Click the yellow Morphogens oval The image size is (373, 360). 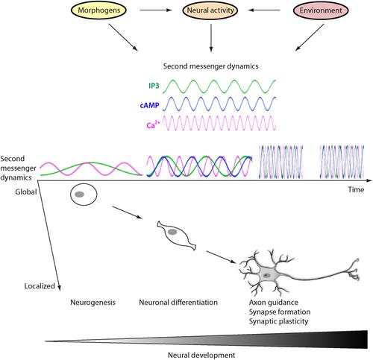tap(99, 10)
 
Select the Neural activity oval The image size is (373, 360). tap(210, 10)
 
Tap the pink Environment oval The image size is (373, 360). tap(321, 10)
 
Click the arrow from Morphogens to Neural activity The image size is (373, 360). tap(156, 10)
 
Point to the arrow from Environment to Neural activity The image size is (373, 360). tap(264, 10)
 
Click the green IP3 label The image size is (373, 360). tap(154, 86)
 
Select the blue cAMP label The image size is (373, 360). tap(150, 105)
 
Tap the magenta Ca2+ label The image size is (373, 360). tap(153, 124)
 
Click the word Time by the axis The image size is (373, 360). tap(356, 190)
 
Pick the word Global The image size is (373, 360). tap(26, 192)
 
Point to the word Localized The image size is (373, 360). tap(40, 286)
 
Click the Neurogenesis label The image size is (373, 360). tap(93, 303)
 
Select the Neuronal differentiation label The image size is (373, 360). tap(178, 303)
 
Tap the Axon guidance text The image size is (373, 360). tap(274, 303)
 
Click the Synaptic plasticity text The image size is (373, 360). tap(278, 321)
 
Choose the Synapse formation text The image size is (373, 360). tap(280, 312)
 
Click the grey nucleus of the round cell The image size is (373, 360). tap(80, 195)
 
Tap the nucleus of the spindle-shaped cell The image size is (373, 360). tap(172, 232)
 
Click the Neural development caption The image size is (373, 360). tap(201, 355)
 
